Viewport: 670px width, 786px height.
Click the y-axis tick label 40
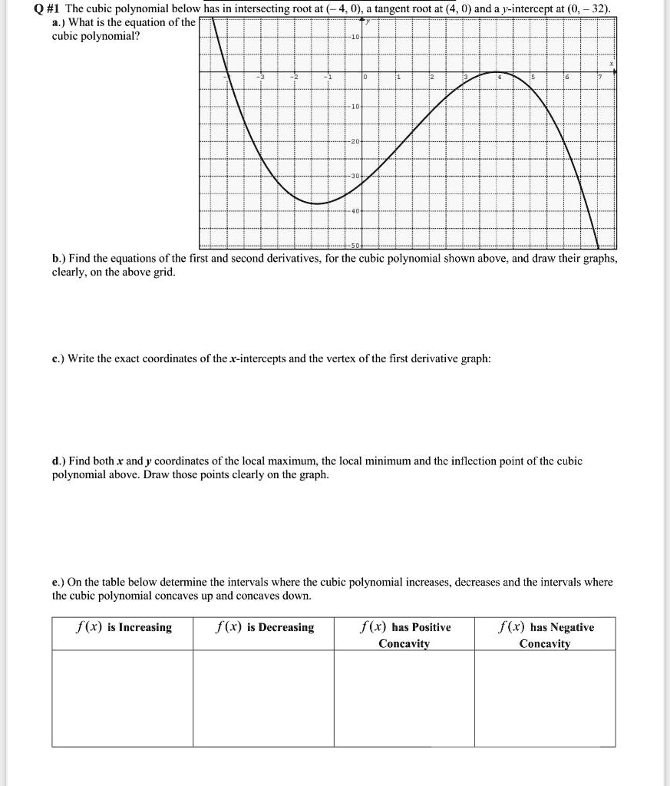pos(355,210)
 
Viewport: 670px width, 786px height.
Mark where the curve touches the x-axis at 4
pos(498,72)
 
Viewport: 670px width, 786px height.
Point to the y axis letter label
pos(366,22)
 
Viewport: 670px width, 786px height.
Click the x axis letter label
pos(611,64)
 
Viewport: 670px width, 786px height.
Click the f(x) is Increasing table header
pos(123,628)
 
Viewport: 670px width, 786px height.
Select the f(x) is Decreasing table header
pos(264,628)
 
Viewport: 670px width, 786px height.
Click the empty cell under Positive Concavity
pos(404,698)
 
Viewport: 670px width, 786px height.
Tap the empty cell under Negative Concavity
pos(545,698)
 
